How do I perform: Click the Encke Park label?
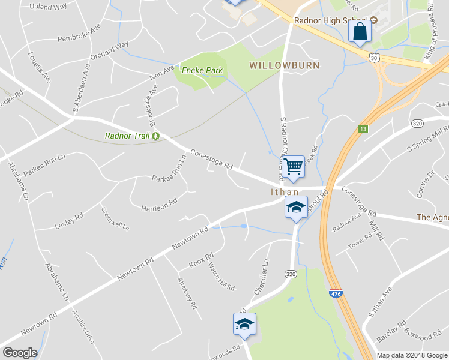click(202, 70)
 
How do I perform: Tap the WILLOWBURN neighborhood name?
click(285, 65)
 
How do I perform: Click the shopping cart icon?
click(294, 166)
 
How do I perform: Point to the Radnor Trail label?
click(127, 136)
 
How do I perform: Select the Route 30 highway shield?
click(374, 58)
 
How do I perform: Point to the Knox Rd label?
click(201, 260)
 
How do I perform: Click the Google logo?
click(19, 353)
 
